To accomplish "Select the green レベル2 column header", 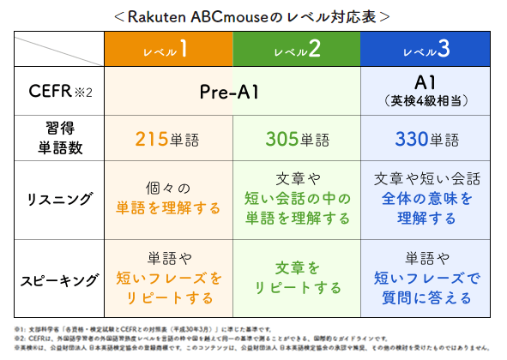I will point(297,51).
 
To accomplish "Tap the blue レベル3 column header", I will point(426,51).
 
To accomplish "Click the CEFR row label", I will point(57,92).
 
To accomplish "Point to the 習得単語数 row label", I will point(57,137).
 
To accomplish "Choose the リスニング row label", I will point(57,199).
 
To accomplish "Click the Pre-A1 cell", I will point(229,92).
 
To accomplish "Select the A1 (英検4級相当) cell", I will point(426,91).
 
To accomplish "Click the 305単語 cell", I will point(297,138).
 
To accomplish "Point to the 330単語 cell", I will point(426,138).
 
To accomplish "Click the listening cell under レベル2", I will point(297,199).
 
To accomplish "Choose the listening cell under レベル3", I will point(426,199).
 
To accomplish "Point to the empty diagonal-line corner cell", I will point(57,51).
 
